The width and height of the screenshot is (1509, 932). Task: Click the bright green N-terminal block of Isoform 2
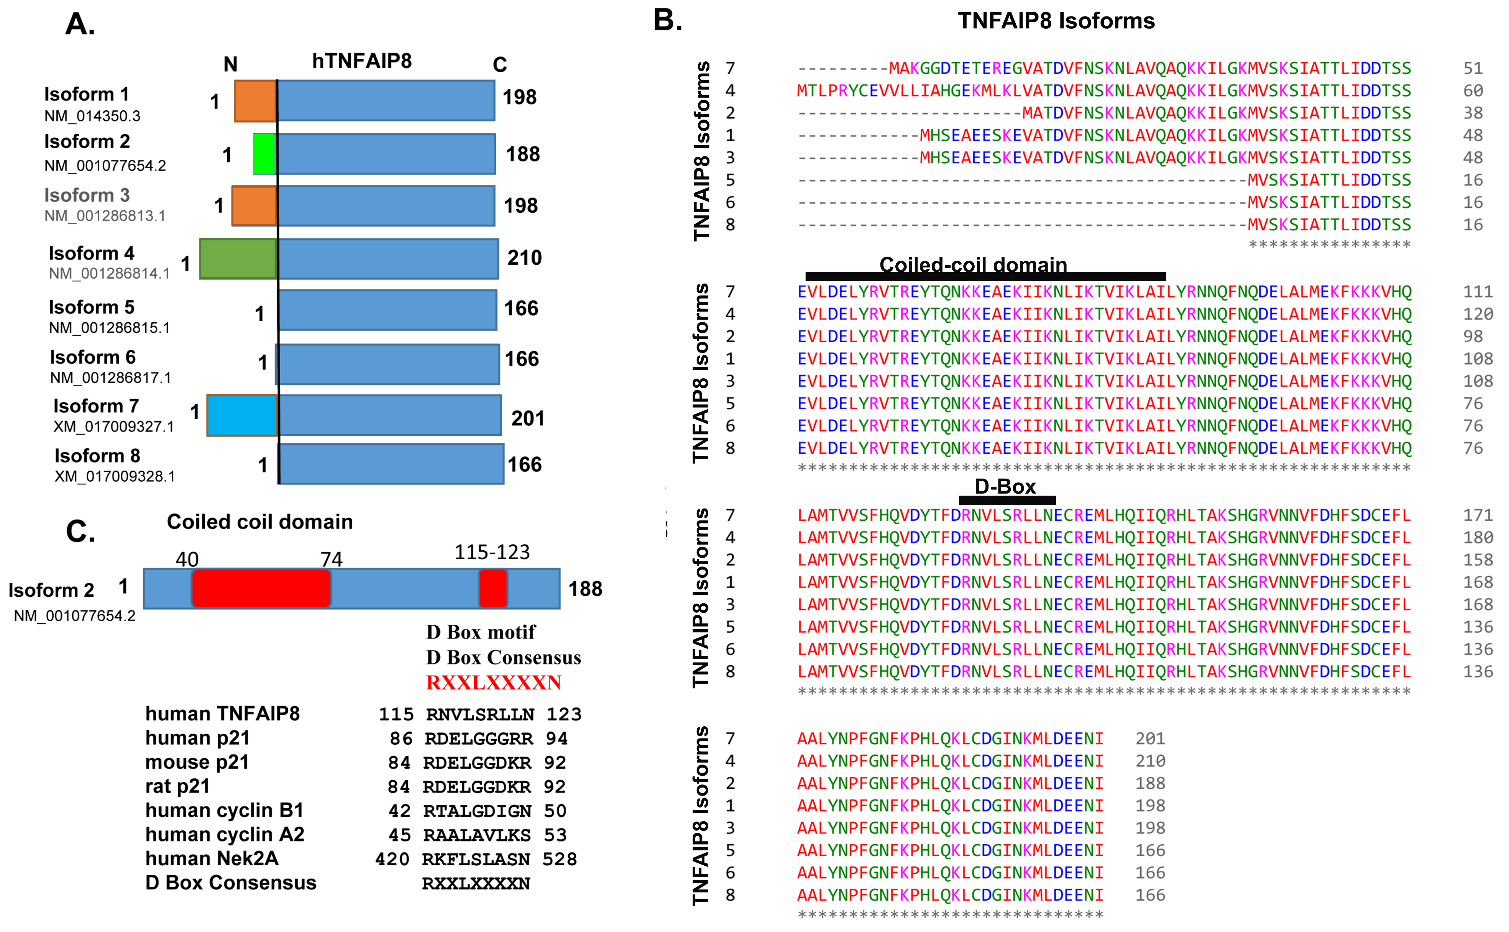264,154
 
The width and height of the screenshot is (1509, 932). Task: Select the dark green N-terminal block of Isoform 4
238,259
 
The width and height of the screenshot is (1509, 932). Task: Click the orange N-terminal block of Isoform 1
255,100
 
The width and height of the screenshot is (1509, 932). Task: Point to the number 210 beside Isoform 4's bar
525,258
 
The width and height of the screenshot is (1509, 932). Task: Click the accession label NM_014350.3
92,116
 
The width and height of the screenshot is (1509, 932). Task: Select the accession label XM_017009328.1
115,476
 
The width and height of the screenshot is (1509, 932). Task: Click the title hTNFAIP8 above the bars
362,61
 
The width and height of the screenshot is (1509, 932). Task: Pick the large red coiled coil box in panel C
261,589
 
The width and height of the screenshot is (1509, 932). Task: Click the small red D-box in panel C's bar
493,589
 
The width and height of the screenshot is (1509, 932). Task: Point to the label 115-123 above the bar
492,552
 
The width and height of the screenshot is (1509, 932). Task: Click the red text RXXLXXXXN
494,683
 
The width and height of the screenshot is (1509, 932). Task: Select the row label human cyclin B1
224,810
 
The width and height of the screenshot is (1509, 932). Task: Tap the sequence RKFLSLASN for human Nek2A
476,859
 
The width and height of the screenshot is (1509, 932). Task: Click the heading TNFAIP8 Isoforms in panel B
1056,21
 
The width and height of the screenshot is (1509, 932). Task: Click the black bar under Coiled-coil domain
986,276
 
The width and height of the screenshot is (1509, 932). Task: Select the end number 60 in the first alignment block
1473,90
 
